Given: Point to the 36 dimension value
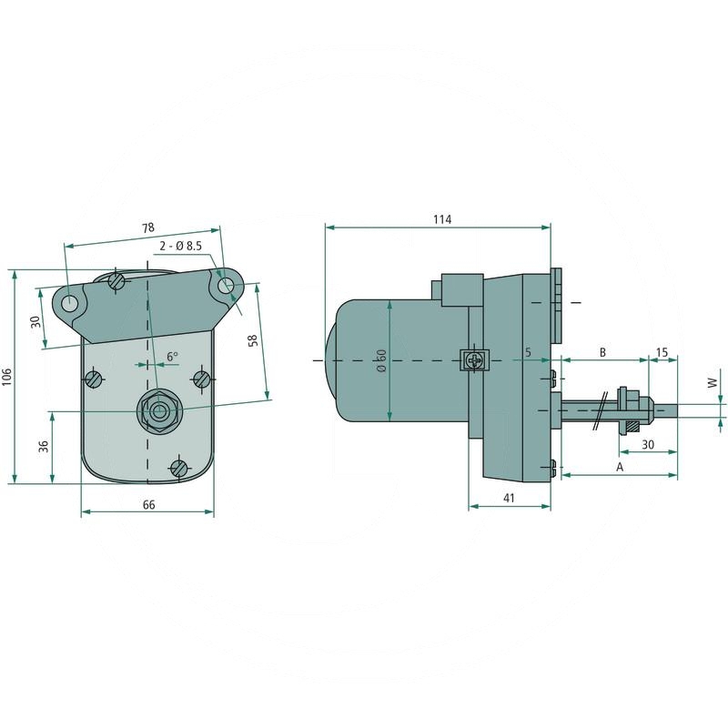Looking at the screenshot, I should (43, 446).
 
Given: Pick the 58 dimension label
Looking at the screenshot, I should (253, 340).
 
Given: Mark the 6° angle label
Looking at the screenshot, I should (172, 357).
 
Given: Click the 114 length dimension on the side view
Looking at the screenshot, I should (441, 219).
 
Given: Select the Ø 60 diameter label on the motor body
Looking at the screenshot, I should (382, 362).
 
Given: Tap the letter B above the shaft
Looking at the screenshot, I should (602, 350).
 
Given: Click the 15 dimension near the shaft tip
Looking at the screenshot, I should (662, 350).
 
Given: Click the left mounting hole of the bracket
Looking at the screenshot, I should (71, 298).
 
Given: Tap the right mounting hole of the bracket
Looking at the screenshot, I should (227, 287).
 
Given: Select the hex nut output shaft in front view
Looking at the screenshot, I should (159, 411).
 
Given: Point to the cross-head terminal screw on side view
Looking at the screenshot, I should (474, 360).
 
